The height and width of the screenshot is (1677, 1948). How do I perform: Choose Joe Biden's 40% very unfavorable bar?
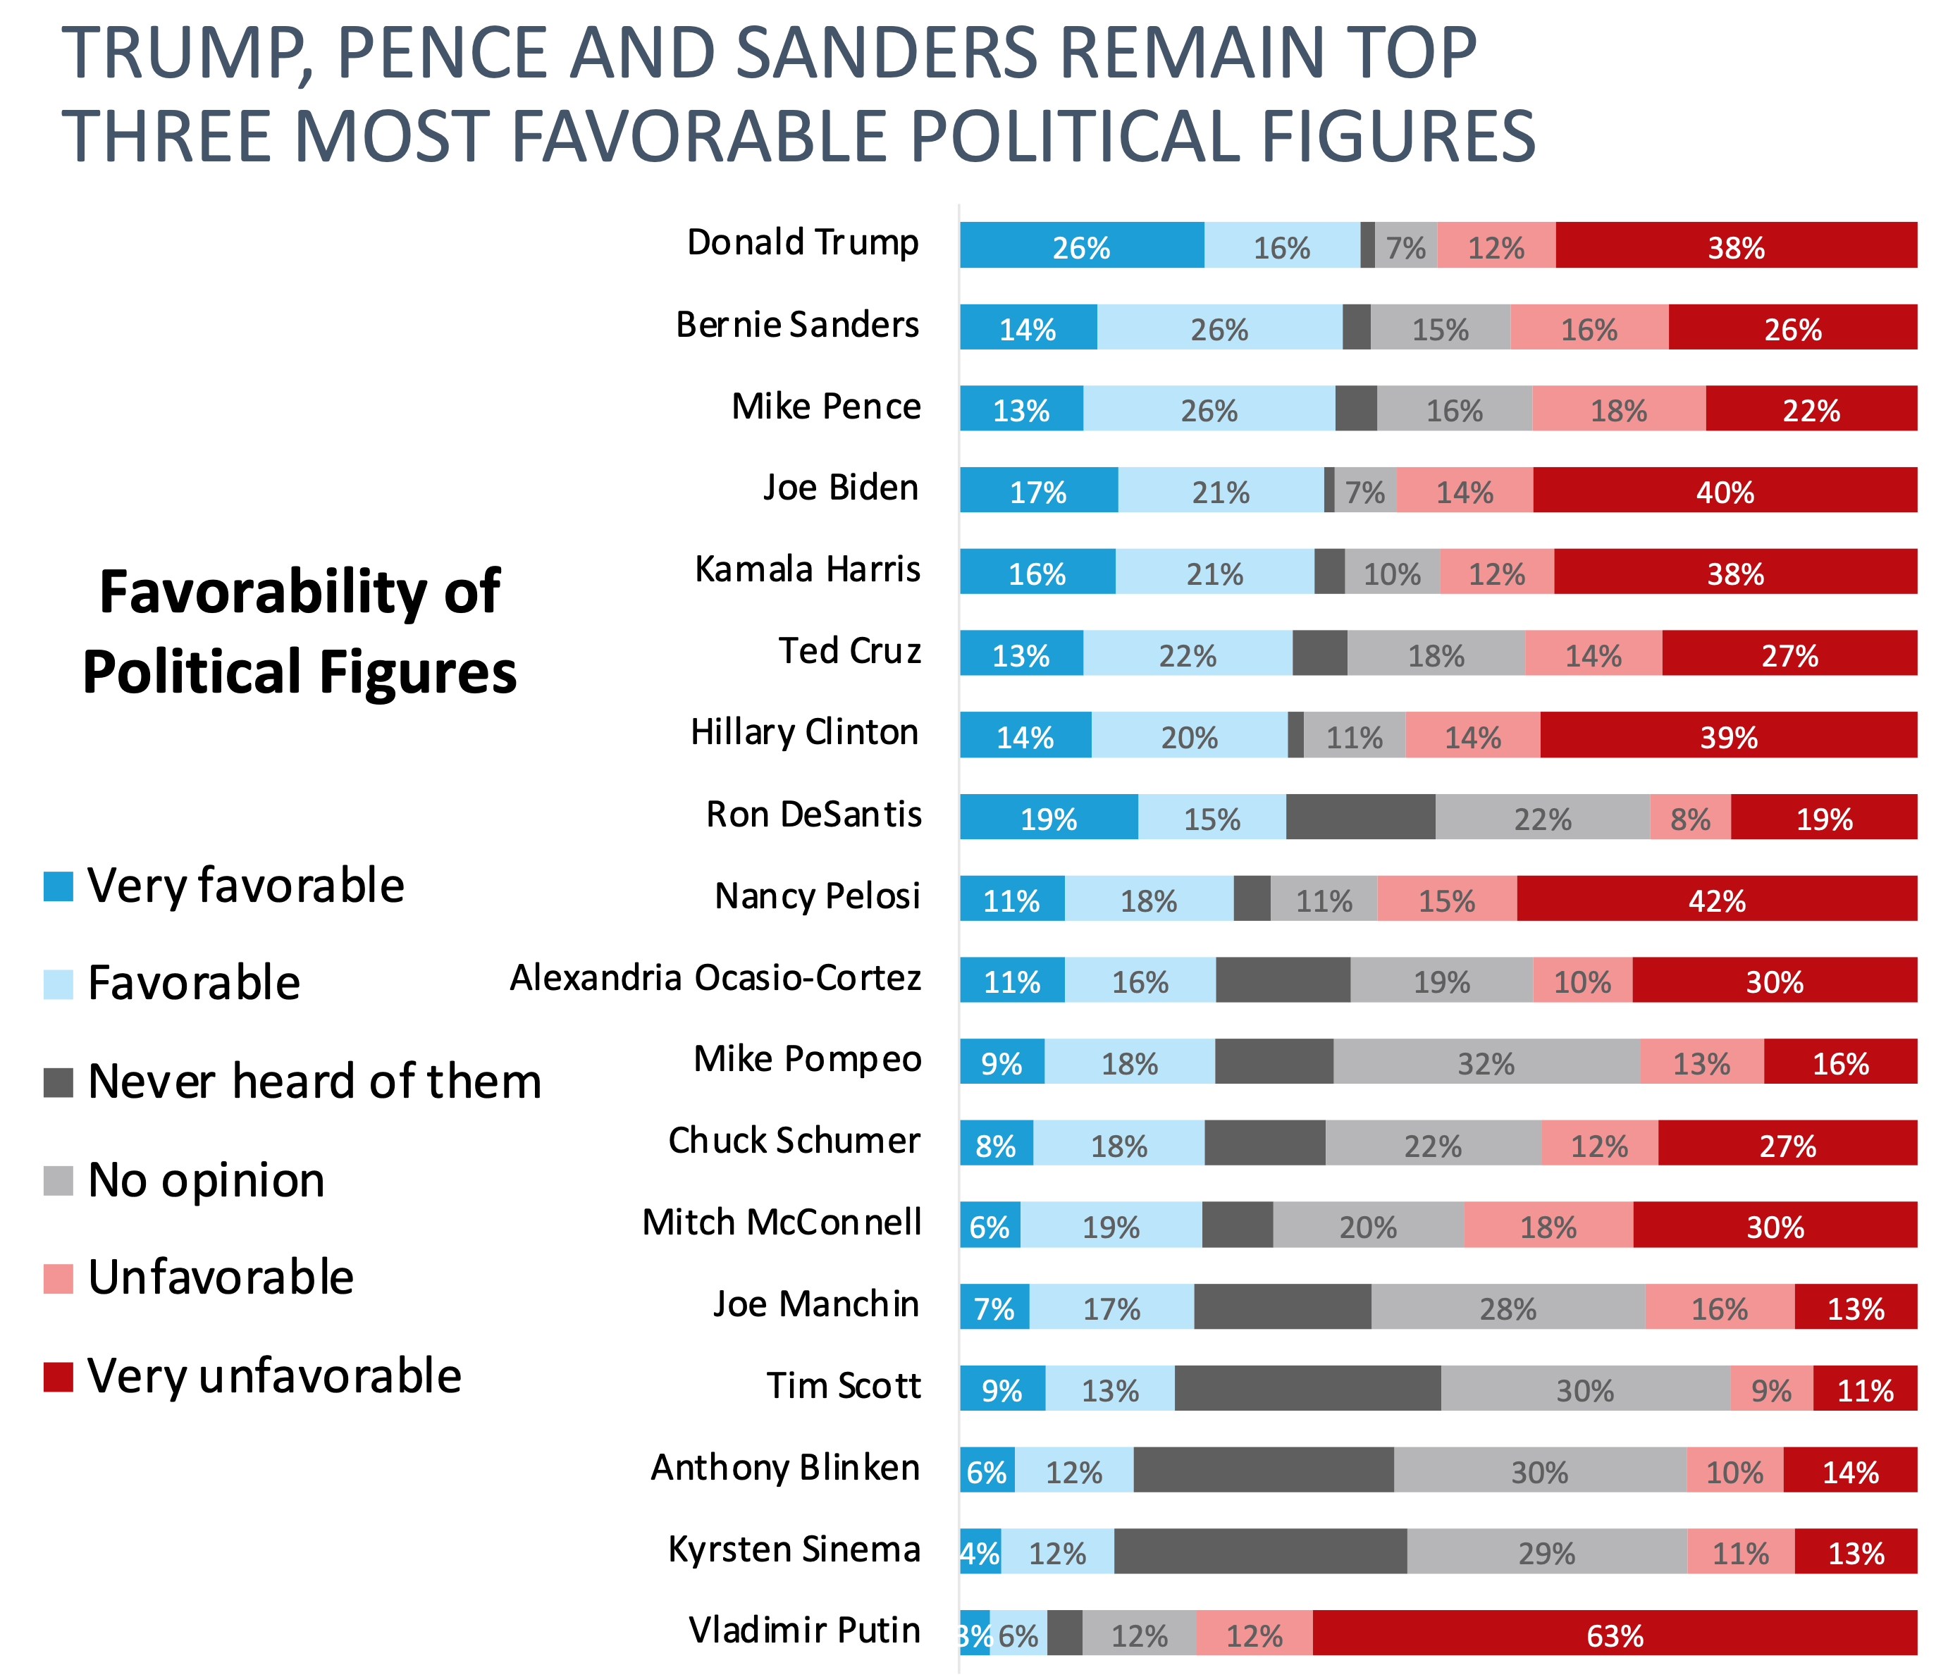tap(1725, 490)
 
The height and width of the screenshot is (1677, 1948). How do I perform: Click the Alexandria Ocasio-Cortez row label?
tap(715, 977)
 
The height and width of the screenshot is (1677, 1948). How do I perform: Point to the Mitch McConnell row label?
tap(782, 1222)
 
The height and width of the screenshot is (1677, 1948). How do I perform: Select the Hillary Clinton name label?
tap(804, 732)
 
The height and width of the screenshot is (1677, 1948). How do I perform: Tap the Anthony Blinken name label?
tap(785, 1467)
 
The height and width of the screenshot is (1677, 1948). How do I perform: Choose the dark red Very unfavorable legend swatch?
tap(58, 1377)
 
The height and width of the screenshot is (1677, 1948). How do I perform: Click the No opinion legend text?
tap(206, 1180)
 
